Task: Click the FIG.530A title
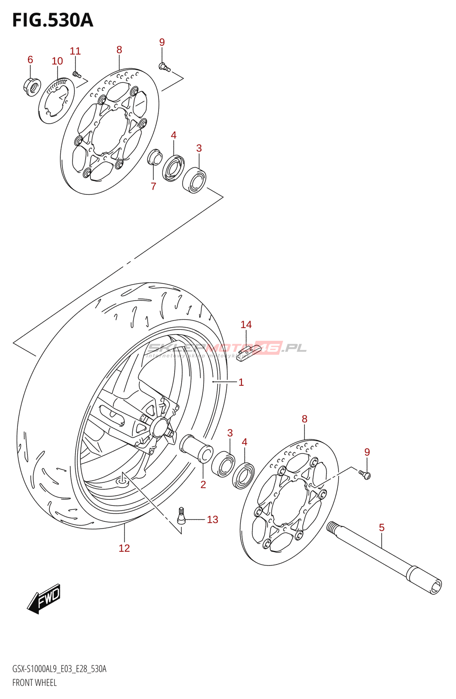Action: (53, 20)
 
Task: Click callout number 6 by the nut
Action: (30, 59)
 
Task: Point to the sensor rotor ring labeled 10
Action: (56, 100)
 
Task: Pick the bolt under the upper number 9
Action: (164, 67)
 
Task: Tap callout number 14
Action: (246, 325)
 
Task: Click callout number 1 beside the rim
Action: (241, 382)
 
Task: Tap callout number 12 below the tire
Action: (124, 548)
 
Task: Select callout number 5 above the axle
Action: (381, 528)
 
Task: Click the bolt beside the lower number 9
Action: (365, 474)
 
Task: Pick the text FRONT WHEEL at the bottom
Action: (35, 682)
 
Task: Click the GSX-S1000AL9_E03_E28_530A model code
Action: (59, 669)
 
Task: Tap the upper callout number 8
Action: (119, 50)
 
